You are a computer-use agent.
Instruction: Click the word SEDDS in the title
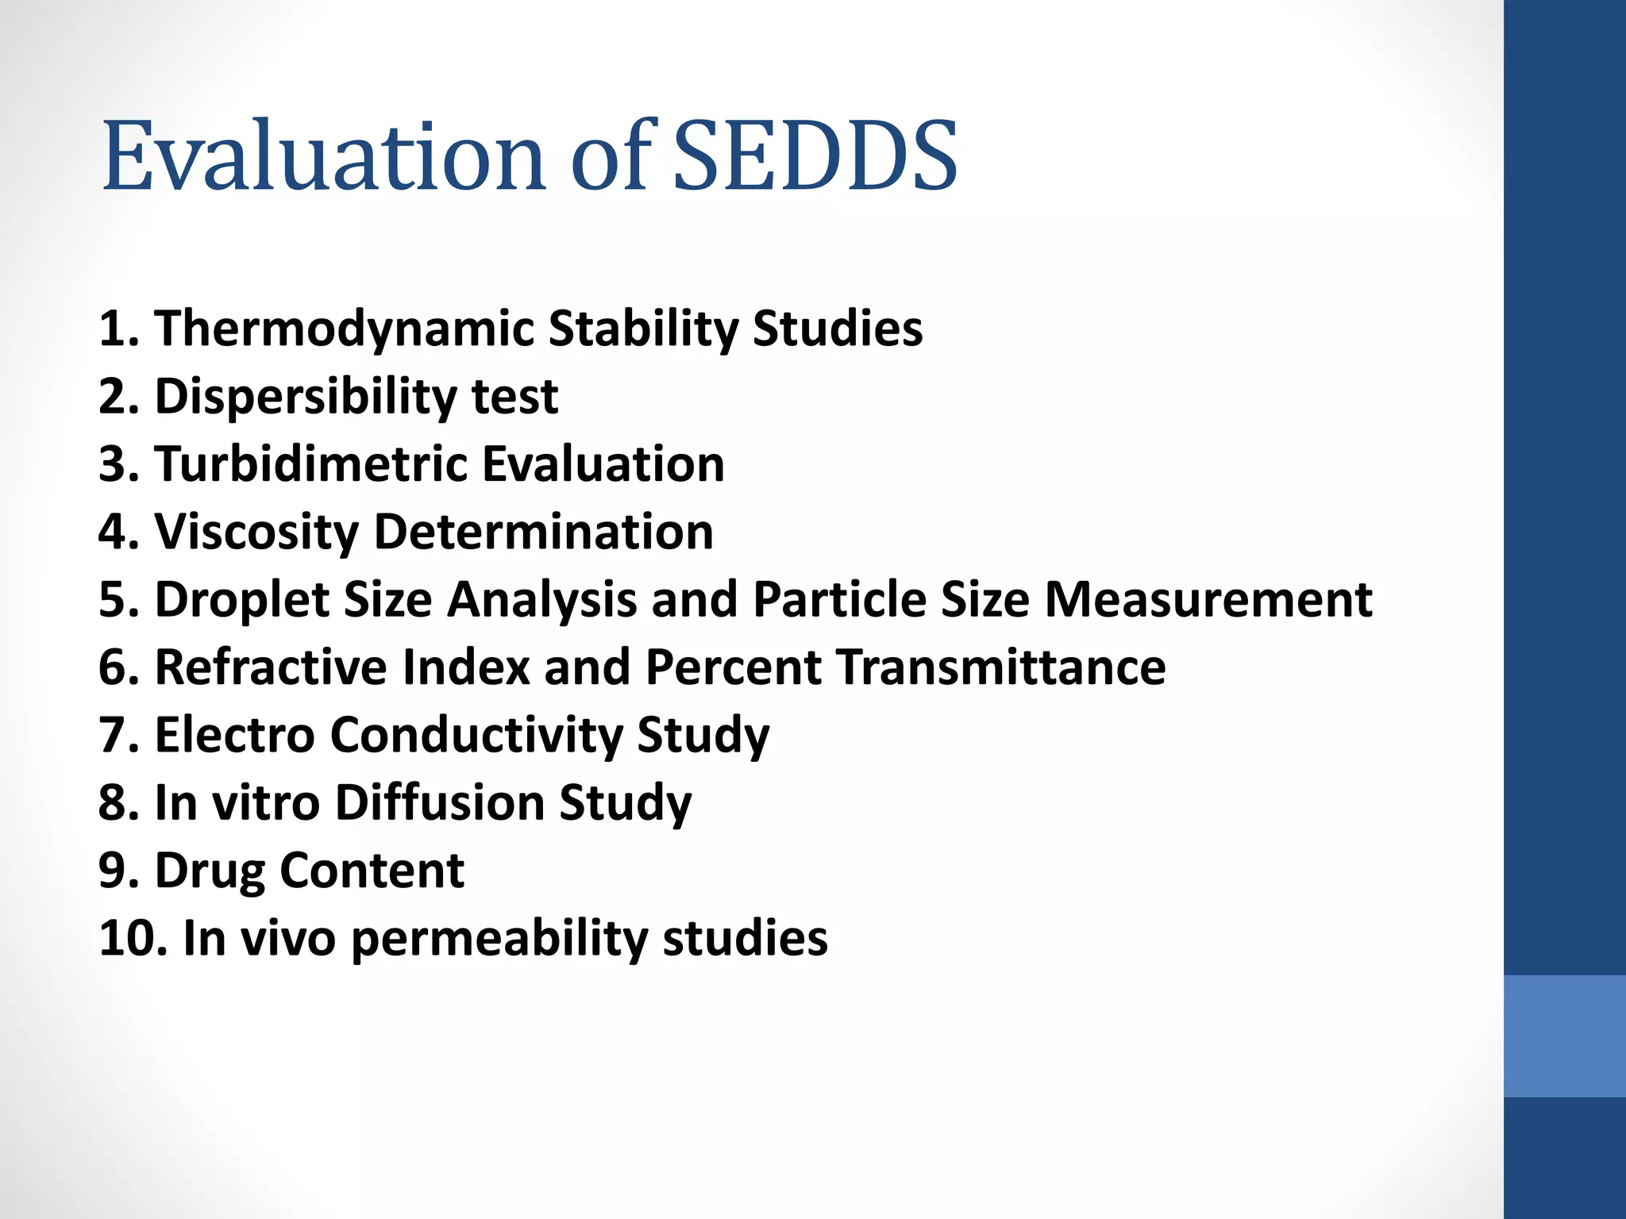(x=815, y=156)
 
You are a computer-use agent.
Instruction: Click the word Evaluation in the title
(x=324, y=156)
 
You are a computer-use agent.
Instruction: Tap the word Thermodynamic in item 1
(x=344, y=329)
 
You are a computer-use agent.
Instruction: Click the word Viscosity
(x=256, y=532)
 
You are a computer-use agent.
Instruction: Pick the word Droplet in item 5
(x=241, y=599)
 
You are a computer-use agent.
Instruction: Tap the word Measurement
(x=1208, y=599)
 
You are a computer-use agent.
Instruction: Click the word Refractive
(x=270, y=667)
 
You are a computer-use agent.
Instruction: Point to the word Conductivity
(x=476, y=735)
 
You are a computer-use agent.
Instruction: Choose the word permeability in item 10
(x=499, y=939)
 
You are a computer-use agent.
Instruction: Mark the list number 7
(x=118, y=735)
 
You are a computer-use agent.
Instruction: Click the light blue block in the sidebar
(x=1564, y=1036)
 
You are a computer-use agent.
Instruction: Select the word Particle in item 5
(x=839, y=599)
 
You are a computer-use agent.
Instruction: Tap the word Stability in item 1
(x=642, y=329)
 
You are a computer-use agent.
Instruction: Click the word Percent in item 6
(x=734, y=667)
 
